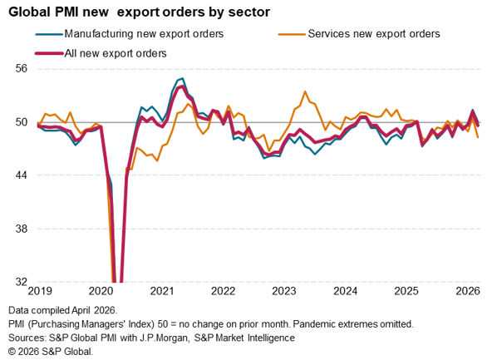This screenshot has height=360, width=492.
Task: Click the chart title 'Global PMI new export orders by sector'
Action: coord(139,12)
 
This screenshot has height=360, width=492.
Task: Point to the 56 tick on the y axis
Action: coord(22,68)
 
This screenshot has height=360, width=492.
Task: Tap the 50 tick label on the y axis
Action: coord(22,121)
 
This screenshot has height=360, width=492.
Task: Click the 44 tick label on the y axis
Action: coord(22,175)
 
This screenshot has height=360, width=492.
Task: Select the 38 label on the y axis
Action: coord(22,228)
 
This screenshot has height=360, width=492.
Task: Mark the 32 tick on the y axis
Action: coord(22,282)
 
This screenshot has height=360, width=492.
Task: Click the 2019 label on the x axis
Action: coord(40,291)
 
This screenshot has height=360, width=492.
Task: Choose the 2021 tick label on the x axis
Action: coord(162,291)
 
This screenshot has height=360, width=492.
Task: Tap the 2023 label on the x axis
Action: coord(284,291)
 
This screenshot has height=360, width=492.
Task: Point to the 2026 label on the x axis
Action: coord(468,291)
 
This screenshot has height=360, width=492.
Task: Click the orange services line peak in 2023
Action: coord(305,91)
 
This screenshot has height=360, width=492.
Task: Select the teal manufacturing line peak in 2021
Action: coord(183,78)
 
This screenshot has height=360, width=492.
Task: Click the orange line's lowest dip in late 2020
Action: coord(157,160)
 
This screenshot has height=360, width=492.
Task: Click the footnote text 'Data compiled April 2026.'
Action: coord(63,310)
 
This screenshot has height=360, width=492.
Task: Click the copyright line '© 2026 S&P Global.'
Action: coord(51,352)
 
